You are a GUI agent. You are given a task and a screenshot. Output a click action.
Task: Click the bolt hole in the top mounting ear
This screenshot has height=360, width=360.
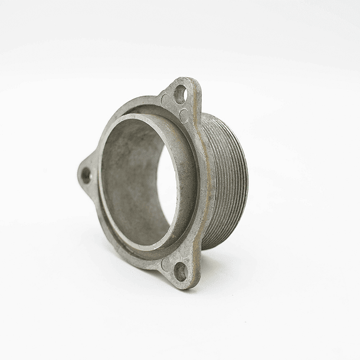point(180,94)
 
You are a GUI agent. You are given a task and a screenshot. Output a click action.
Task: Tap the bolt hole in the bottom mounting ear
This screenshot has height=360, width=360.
point(180,271)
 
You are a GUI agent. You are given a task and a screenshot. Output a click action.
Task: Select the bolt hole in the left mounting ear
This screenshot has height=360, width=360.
point(86,175)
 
